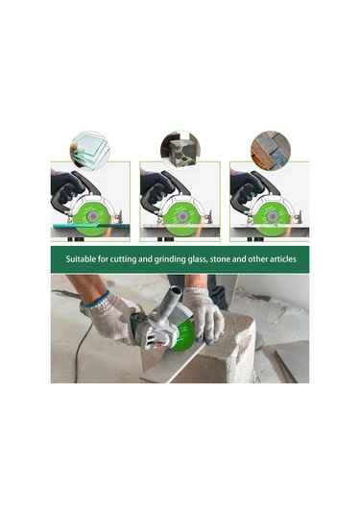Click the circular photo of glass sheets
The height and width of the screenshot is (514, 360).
point(89,151)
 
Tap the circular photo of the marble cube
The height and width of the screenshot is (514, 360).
point(180,150)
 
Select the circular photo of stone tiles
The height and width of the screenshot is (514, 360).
point(271,151)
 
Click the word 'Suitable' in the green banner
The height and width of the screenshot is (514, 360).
point(79,259)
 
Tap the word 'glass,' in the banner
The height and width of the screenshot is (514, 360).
point(197,259)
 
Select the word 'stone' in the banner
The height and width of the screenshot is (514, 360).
point(220,259)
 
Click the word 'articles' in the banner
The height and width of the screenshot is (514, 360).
point(282,259)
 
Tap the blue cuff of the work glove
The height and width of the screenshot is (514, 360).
point(96,299)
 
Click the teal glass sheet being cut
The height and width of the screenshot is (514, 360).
point(91,226)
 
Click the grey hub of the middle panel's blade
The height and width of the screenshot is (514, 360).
point(182,216)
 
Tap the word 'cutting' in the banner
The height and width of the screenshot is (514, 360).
point(123,259)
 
